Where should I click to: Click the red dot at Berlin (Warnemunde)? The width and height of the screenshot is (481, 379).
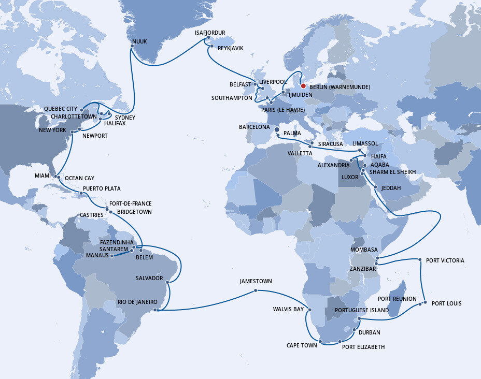click(x=303, y=86)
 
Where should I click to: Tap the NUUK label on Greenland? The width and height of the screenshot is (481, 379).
click(x=139, y=40)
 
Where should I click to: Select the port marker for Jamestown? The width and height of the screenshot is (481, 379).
click(x=256, y=290)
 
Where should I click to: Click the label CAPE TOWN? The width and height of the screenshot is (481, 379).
click(x=302, y=345)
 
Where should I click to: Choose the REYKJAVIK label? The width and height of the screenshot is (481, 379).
click(x=230, y=48)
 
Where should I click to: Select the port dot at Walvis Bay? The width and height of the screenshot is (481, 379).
click(x=309, y=310)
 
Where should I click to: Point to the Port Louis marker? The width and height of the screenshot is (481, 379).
click(x=425, y=303)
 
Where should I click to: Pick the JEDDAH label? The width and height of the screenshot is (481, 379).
click(x=390, y=188)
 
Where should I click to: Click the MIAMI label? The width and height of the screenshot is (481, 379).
click(x=43, y=176)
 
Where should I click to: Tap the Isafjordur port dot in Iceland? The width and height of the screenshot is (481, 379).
click(x=208, y=38)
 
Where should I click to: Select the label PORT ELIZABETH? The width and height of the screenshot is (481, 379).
click(x=363, y=347)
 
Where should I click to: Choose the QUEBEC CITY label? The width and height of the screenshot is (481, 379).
click(x=61, y=109)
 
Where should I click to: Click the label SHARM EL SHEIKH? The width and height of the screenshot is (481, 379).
click(x=392, y=172)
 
